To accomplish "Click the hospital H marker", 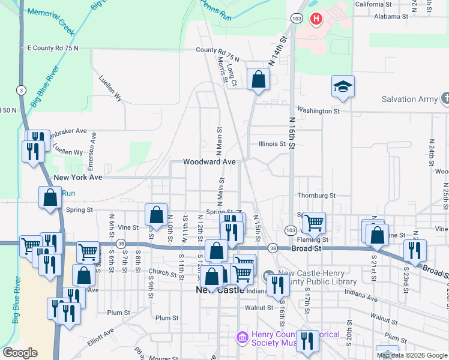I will pyautogui.click(x=316, y=19).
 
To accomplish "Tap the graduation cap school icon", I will pyautogui.click(x=343, y=87).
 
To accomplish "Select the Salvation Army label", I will pyautogui.click(x=411, y=99).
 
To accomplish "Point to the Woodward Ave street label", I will pyautogui.click(x=209, y=162).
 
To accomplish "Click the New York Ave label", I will pyautogui.click(x=78, y=178).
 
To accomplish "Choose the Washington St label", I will pyautogui.click(x=318, y=111).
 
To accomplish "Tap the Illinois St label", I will pyautogui.click(x=271, y=144).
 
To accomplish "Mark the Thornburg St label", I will pyautogui.click(x=316, y=196).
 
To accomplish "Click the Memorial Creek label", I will pyautogui.click(x=60, y=20).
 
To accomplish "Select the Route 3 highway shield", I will pyautogui.click(x=21, y=90).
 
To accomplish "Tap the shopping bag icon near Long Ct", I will pyautogui.click(x=258, y=80).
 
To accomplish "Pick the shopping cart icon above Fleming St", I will pyautogui.click(x=313, y=223).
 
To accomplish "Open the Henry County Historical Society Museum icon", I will pyautogui.click(x=242, y=338).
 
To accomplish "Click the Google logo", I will pyautogui.click(x=20, y=353).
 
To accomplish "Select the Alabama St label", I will pyautogui.click(x=391, y=17).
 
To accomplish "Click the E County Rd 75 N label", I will pyautogui.click(x=53, y=47).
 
